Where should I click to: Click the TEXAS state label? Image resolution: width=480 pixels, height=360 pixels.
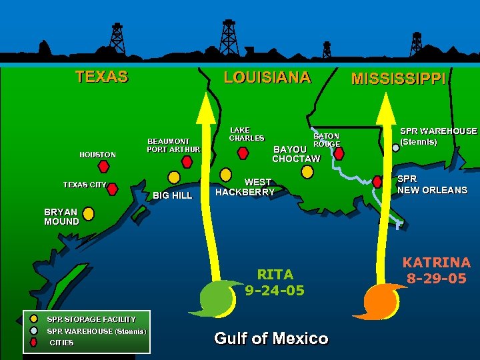101,77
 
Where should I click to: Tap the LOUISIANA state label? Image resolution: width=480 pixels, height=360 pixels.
267,77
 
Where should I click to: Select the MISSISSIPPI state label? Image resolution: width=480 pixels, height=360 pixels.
399,79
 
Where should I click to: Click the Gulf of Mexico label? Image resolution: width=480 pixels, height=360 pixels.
271,339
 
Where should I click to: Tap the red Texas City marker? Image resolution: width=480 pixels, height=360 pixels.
112,189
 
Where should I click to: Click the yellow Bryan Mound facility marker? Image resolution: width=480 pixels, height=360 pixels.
88,214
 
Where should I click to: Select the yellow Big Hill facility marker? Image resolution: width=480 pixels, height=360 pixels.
173,177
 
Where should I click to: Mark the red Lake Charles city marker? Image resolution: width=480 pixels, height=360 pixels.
243,153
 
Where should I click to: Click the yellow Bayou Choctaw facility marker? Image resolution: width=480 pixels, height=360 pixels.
307,171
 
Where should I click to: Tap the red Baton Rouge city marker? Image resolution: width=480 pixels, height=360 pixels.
339,153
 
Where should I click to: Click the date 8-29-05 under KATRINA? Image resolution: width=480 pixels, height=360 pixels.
436,279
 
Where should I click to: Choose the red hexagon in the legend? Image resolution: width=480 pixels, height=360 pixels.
34,343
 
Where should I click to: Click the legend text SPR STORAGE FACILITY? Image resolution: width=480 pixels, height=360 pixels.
91,319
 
